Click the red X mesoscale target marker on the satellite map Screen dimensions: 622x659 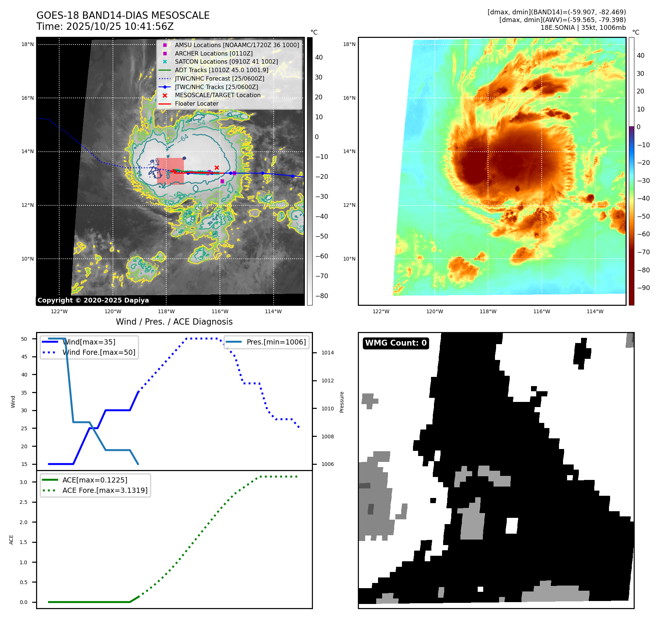[x=217, y=167]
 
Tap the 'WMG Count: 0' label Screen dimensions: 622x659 [x=396, y=343]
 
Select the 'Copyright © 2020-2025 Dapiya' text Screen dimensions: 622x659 [x=93, y=300]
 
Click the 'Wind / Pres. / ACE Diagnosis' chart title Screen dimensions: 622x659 [x=174, y=322]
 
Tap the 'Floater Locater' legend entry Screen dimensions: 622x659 [x=196, y=103]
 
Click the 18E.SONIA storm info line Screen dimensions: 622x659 [x=583, y=28]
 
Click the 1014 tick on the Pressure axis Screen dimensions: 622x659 [x=328, y=353]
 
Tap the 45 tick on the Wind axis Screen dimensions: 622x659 [x=24, y=357]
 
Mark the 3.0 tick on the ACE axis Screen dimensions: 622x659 [x=24, y=482]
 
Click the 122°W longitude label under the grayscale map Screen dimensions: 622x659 [x=59, y=311]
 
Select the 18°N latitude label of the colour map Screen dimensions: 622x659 [x=349, y=45]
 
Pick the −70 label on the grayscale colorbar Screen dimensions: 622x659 [x=321, y=276]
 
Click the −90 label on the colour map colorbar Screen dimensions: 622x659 [x=643, y=288]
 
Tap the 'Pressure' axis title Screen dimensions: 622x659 [x=342, y=402]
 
